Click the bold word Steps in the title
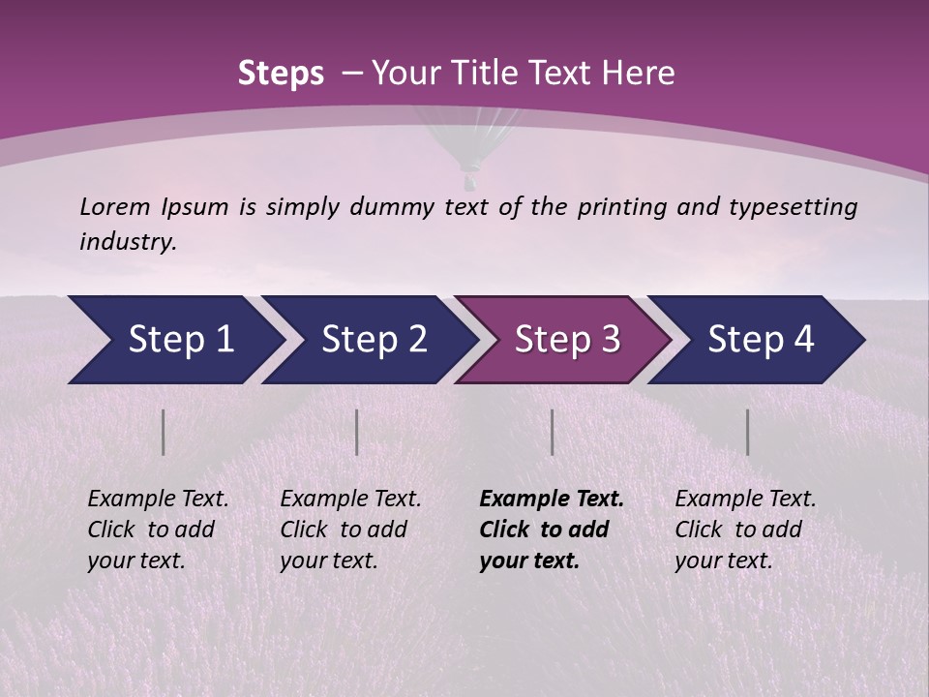pyautogui.click(x=281, y=74)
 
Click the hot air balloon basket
pyautogui.click(x=470, y=181)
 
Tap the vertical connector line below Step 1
pyautogui.click(x=163, y=432)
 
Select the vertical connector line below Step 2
pyautogui.click(x=357, y=432)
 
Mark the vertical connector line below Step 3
pyautogui.click(x=552, y=432)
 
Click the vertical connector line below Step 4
pyautogui.click(x=747, y=432)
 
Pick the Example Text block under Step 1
pyautogui.click(x=158, y=530)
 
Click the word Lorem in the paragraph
pyautogui.click(x=115, y=207)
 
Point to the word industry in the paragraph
pyautogui.click(x=127, y=242)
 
